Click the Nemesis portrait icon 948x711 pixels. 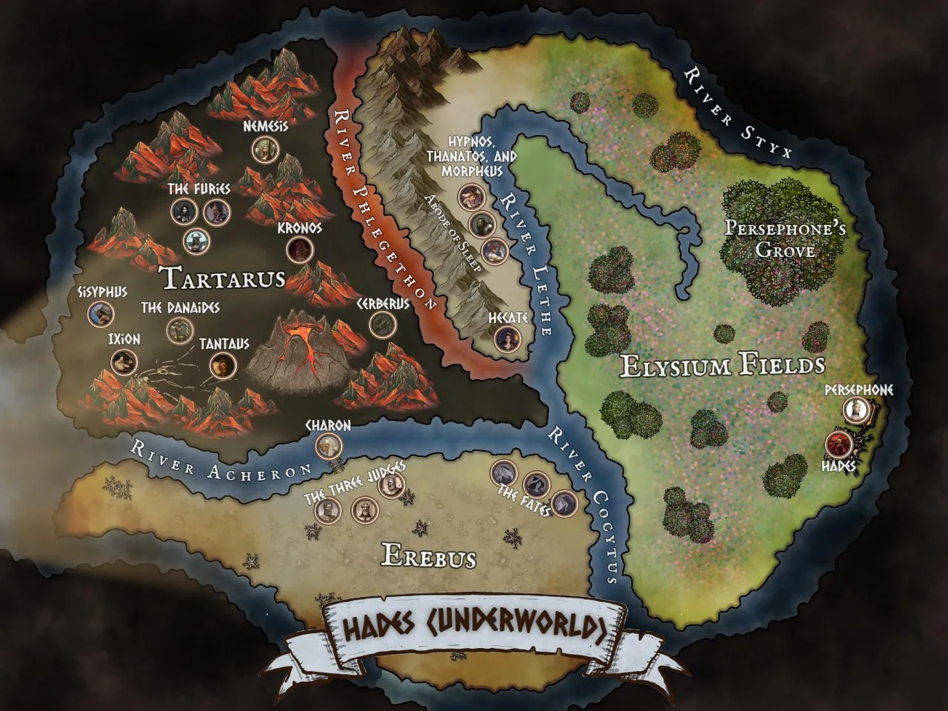click(x=263, y=151)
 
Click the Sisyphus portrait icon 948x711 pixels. click(x=96, y=313)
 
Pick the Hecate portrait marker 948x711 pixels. click(x=508, y=338)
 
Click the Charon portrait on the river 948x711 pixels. click(x=326, y=447)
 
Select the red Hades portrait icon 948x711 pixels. click(x=837, y=443)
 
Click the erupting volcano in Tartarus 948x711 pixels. click(x=296, y=353)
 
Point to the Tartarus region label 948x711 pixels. click(x=223, y=278)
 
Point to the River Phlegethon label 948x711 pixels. click(x=383, y=207)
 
